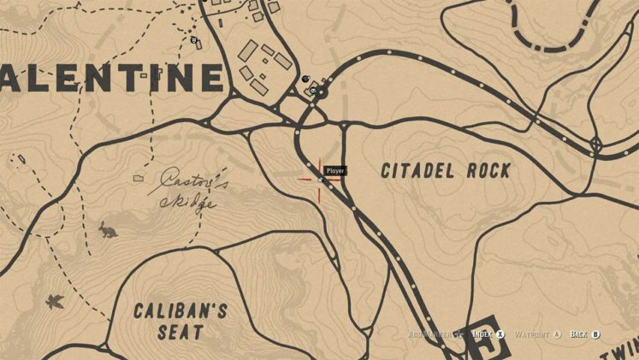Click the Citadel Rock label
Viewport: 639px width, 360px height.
pos(446,171)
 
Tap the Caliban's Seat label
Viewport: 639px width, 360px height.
pos(180,321)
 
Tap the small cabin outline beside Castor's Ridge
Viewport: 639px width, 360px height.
pos(139,178)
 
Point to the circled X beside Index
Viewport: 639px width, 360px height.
pos(502,334)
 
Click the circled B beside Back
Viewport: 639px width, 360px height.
pos(596,334)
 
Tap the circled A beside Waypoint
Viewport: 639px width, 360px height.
pos(557,334)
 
